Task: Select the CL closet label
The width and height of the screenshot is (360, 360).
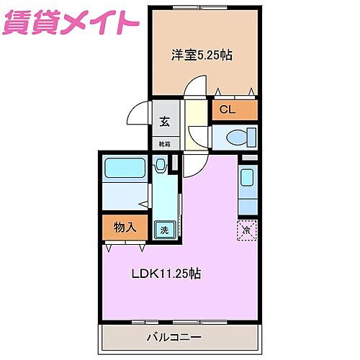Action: [227, 109]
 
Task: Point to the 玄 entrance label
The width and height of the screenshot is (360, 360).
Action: [164, 120]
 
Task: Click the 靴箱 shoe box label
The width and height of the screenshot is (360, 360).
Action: [164, 143]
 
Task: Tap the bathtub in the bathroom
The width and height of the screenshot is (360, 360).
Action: [127, 168]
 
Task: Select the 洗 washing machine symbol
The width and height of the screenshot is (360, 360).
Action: [164, 230]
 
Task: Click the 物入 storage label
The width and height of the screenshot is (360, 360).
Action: [125, 228]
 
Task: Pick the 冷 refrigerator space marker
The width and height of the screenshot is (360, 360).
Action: [246, 230]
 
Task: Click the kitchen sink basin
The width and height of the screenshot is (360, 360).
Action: [246, 178]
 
